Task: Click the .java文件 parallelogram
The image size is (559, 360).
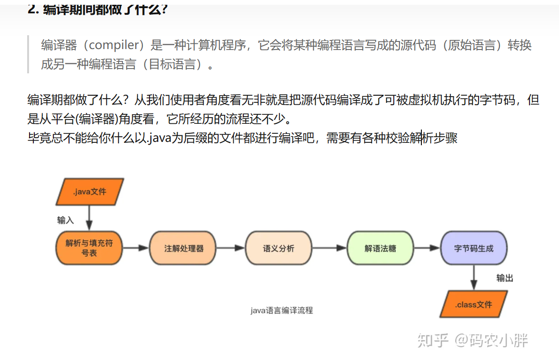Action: (x=90, y=192)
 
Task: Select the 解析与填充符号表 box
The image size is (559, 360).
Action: (x=89, y=248)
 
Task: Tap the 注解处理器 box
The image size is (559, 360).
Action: (x=184, y=248)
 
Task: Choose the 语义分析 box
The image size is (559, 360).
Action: (x=279, y=248)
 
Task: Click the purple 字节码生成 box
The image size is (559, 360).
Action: (x=474, y=248)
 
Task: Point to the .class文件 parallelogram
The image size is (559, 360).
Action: (x=473, y=304)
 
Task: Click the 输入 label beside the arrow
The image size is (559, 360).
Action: (x=66, y=220)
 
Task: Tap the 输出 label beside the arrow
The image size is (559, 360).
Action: (x=505, y=278)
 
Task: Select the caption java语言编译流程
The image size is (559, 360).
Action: (x=281, y=310)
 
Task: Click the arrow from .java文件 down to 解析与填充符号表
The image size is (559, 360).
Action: (x=89, y=218)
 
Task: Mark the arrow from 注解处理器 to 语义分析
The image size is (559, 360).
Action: (x=231, y=248)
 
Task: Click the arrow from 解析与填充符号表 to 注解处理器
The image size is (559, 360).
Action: (x=136, y=248)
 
